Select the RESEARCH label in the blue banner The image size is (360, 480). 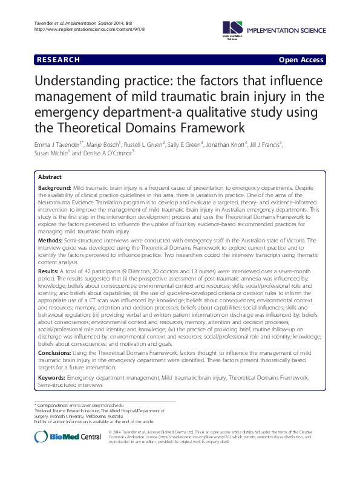pos(58,60)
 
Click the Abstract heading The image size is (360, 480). pos(50,177)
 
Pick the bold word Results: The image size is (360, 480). pos(49,271)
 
